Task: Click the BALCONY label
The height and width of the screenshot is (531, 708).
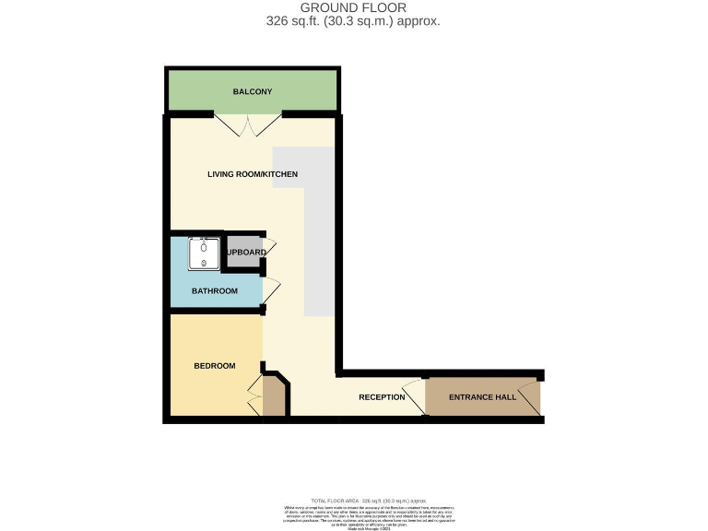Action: [x=251, y=92]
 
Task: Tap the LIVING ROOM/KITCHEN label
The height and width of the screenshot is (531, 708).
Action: [x=253, y=174]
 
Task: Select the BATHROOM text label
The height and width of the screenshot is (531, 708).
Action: [x=214, y=291]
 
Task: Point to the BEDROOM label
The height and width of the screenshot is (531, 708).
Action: [x=214, y=366]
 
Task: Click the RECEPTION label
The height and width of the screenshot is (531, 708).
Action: [x=382, y=397]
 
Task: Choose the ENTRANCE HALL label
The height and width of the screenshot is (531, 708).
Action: [x=482, y=397]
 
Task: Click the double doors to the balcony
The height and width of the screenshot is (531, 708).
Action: [x=249, y=125]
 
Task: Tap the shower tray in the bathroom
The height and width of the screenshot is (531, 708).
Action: [x=203, y=254]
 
